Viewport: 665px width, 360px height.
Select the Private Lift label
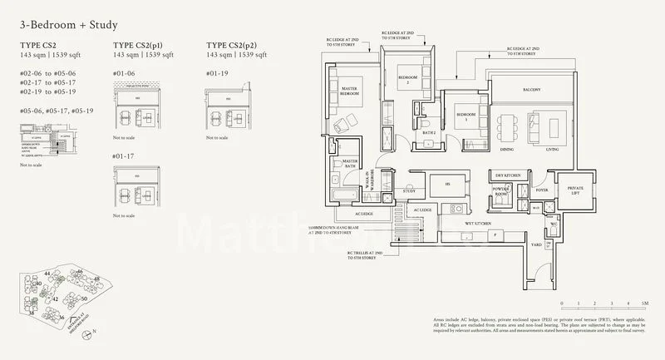(x=574, y=190)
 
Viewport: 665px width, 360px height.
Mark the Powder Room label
(x=502, y=190)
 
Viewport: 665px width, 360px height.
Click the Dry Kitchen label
(x=508, y=175)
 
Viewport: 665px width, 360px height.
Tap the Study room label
(x=409, y=191)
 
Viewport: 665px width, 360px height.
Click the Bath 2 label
(x=430, y=132)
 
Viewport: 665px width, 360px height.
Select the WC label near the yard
(x=553, y=224)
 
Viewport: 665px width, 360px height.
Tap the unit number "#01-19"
(x=215, y=73)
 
